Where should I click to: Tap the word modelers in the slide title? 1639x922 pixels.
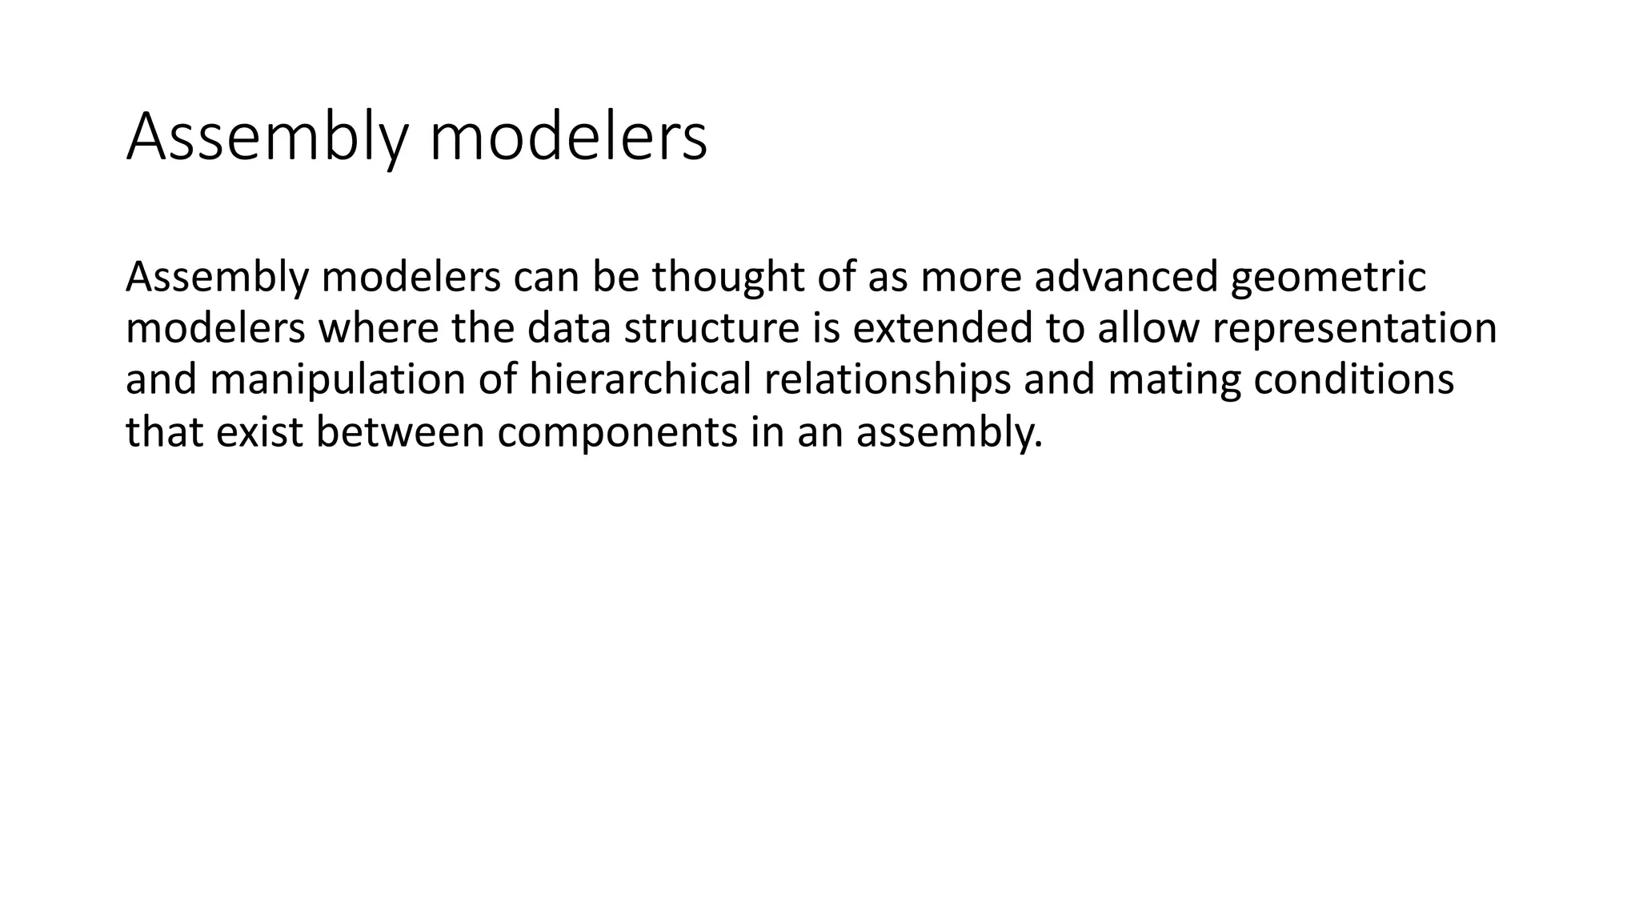(x=568, y=138)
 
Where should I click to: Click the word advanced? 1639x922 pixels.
(x=1125, y=277)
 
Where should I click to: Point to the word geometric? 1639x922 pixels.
(x=1328, y=277)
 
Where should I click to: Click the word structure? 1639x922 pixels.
(x=711, y=328)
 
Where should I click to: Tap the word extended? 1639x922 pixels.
(x=943, y=328)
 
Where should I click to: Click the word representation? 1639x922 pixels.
(x=1354, y=328)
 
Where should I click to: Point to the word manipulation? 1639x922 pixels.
(x=337, y=379)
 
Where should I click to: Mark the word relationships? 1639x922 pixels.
(x=887, y=379)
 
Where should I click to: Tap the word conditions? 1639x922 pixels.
(x=1353, y=379)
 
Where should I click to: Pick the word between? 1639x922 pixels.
(x=400, y=431)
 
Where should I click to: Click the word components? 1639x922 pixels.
(x=617, y=431)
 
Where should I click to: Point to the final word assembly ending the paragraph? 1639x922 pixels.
(x=949, y=431)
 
